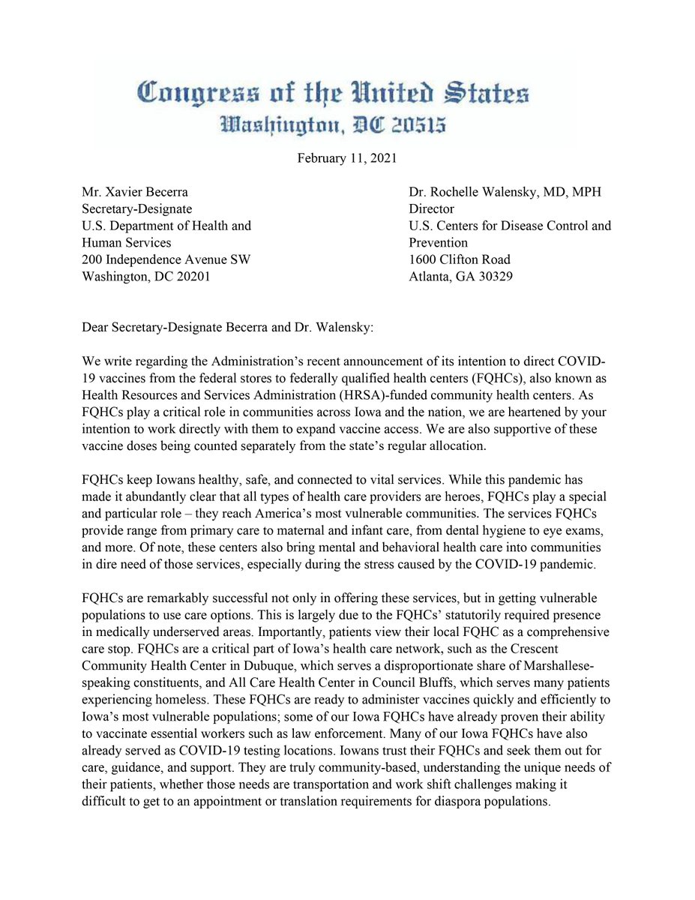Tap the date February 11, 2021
[x=347, y=158]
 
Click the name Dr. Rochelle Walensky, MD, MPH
[x=505, y=192]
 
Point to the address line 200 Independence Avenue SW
[x=166, y=259]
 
